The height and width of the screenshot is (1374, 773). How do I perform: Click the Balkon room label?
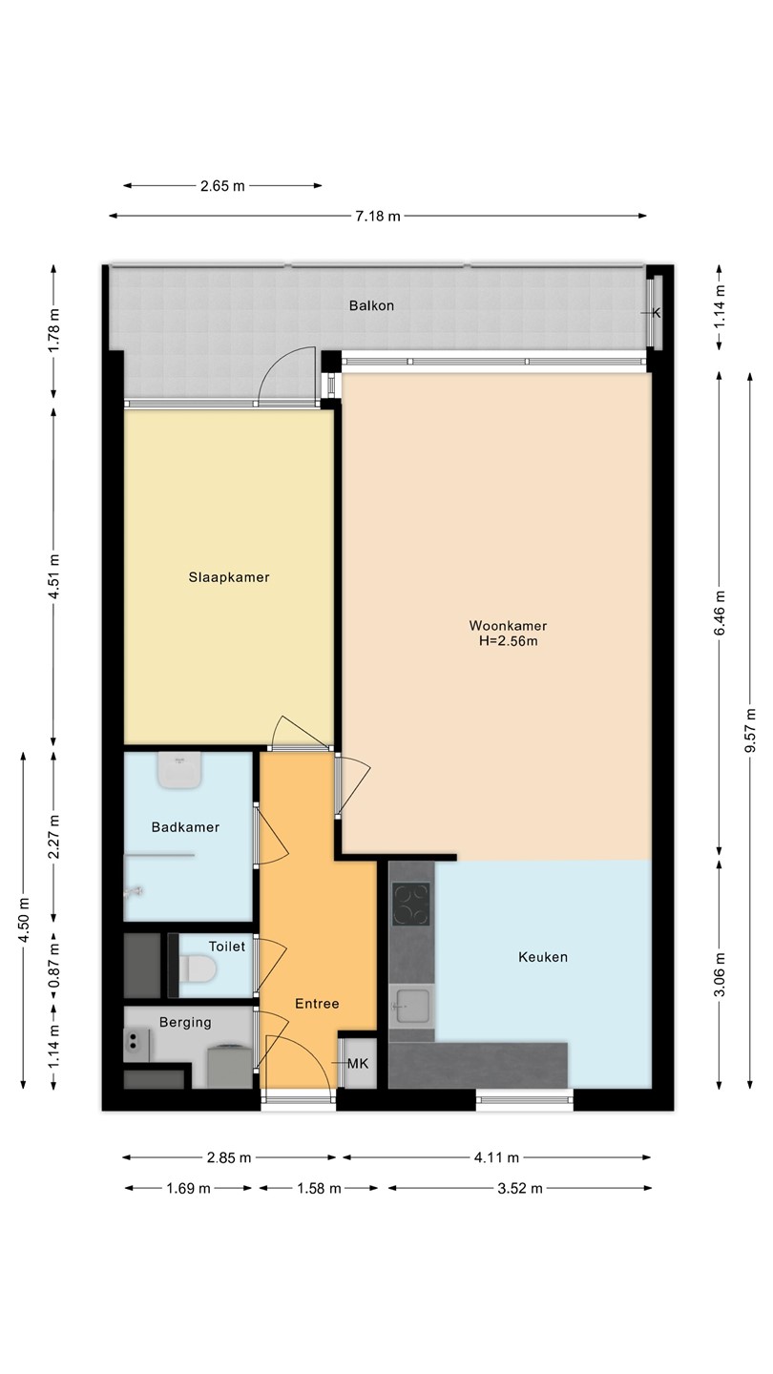[371, 305]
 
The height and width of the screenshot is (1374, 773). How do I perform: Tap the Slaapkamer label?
[229, 577]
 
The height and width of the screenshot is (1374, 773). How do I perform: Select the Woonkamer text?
[508, 626]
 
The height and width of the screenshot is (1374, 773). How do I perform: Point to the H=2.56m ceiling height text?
[508, 641]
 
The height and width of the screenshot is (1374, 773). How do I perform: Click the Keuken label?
[543, 957]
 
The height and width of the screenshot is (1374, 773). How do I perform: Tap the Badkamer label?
[185, 827]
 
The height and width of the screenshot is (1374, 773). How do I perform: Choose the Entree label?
[317, 1004]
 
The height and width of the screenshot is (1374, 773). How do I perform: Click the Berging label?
[185, 1022]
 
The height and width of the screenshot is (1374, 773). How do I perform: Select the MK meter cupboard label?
[358, 1064]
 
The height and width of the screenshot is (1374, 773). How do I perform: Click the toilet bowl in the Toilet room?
[198, 968]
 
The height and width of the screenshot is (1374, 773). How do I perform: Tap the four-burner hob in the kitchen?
[411, 905]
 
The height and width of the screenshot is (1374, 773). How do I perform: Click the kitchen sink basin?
[411, 1006]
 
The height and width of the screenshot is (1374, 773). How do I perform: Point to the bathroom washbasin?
[179, 770]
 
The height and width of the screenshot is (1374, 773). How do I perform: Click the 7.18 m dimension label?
[378, 216]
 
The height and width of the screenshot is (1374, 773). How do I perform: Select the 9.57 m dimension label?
[750, 730]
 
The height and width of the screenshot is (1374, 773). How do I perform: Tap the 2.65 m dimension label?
[222, 186]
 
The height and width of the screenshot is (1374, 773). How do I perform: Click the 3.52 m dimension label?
[520, 1188]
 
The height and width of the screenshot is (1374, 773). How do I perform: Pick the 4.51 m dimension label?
[54, 576]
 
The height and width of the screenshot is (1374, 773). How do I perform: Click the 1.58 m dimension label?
[319, 1188]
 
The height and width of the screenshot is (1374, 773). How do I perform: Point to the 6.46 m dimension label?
[720, 614]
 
